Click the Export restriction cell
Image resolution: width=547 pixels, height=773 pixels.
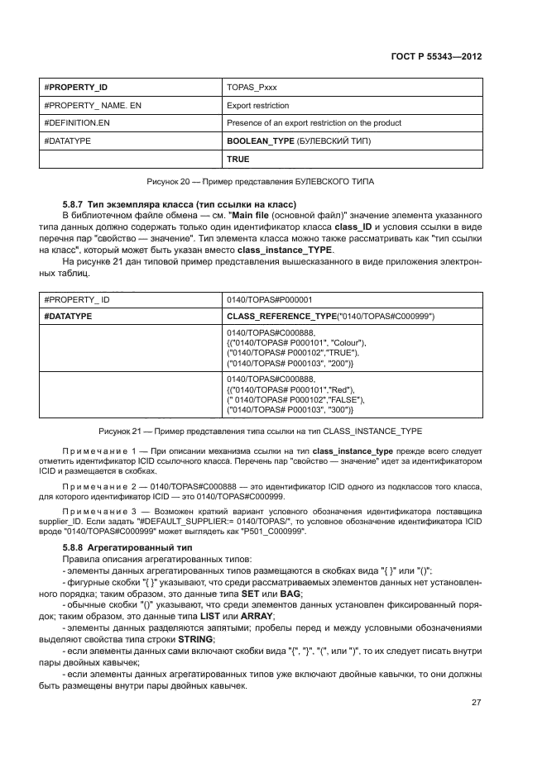(257, 105)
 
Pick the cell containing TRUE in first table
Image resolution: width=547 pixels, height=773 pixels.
(238, 159)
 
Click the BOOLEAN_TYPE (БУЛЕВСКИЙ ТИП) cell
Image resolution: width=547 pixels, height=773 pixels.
(299, 141)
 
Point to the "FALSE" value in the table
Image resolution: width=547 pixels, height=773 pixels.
(343, 399)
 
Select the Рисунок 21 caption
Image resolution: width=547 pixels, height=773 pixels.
(261, 432)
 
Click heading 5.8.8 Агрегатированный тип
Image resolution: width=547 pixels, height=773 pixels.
(127, 549)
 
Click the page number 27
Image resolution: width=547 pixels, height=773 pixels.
(476, 703)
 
